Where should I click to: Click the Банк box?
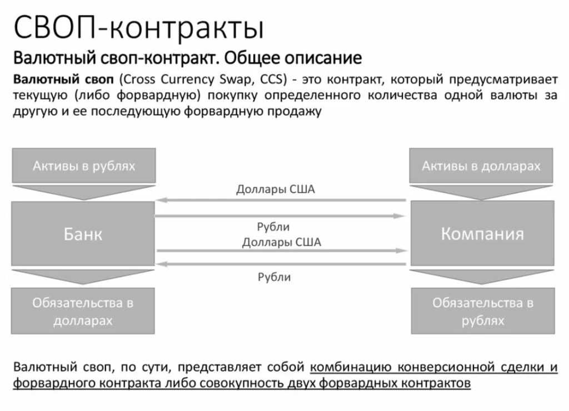pyautogui.click(x=83, y=233)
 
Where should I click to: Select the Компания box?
pyautogui.click(x=482, y=233)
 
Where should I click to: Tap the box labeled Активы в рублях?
pyautogui.click(x=83, y=166)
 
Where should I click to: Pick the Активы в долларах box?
pyautogui.click(x=481, y=166)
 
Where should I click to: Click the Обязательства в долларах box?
pyautogui.click(x=83, y=311)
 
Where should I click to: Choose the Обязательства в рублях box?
pyautogui.click(x=482, y=311)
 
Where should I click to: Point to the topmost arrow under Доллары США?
pyautogui.click(x=281, y=200)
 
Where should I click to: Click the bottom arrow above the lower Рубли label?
pyautogui.click(x=281, y=264)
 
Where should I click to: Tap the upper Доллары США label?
pyautogui.click(x=276, y=189)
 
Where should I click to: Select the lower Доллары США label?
pyautogui.click(x=281, y=242)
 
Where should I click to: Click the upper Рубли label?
pyautogui.click(x=273, y=227)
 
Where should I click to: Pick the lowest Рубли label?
pyautogui.click(x=274, y=277)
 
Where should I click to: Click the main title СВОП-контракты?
pyautogui.click(x=138, y=28)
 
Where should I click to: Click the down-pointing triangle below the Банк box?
pyautogui.click(x=83, y=277)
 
